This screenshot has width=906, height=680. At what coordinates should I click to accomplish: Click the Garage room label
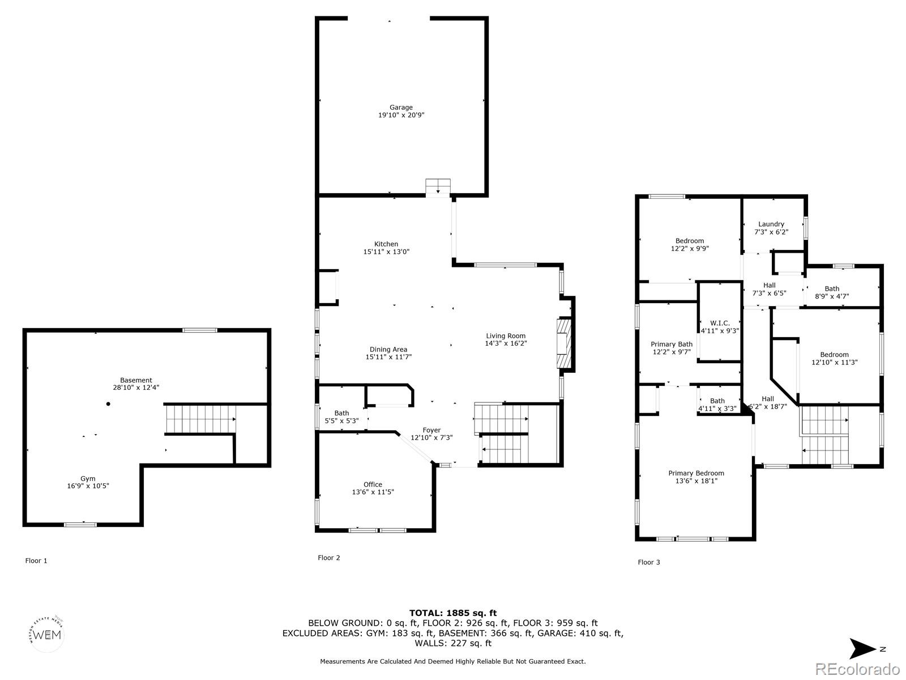[x=401, y=107]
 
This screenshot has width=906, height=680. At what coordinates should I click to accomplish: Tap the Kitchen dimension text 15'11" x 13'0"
[x=386, y=252]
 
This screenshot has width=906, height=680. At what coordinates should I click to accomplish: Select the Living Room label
[x=506, y=335]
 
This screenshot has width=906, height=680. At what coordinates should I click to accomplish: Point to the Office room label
[x=373, y=484]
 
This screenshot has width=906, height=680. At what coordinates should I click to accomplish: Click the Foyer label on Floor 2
[x=431, y=430]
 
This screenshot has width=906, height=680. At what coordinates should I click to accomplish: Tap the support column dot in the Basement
[x=108, y=404]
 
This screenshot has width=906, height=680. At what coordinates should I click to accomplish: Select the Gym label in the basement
[x=88, y=478]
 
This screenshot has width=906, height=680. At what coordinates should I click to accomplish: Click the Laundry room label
[x=771, y=224]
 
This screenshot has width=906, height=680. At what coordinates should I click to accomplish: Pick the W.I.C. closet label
[x=720, y=323]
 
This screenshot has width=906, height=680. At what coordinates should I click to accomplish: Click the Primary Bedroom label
[x=696, y=473]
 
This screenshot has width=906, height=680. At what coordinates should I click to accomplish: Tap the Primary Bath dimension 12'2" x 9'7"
[x=672, y=352]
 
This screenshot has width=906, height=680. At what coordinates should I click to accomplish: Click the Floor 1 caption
[x=36, y=560]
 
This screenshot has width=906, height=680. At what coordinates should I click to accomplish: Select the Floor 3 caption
[x=649, y=562]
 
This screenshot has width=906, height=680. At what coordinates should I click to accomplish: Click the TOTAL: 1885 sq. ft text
[x=453, y=613]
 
